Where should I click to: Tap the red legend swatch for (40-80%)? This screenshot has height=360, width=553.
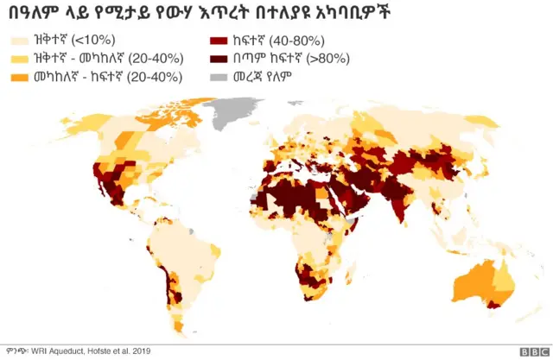(x=219, y=41)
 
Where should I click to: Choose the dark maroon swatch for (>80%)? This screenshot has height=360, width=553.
(x=219, y=59)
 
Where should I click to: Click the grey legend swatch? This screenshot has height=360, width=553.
(x=219, y=77)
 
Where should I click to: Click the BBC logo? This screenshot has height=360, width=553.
(x=528, y=351)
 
